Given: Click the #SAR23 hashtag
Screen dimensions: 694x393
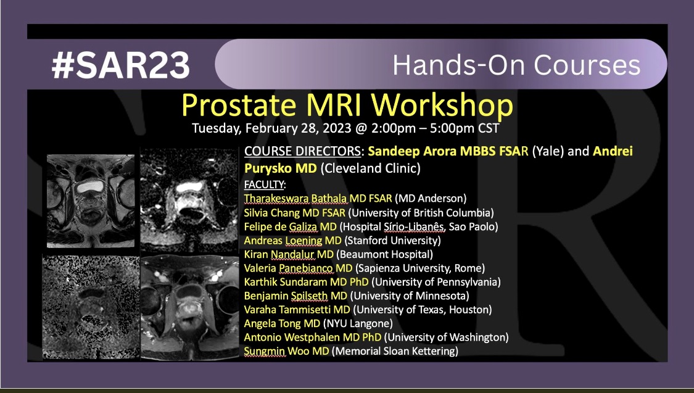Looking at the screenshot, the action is coord(121,65).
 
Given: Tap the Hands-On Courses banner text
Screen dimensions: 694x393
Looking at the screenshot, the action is coord(516,65).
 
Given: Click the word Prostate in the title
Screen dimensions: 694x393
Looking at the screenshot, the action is coord(239,105).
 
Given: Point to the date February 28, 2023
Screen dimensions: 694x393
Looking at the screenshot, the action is coord(298,128).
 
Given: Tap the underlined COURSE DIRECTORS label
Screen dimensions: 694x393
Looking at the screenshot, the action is coord(303,151).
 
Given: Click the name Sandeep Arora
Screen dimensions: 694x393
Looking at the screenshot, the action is coord(412,151).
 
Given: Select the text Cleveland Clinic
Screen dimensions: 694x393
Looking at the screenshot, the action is coord(370,168).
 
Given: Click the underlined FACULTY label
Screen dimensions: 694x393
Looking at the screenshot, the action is coord(264,184).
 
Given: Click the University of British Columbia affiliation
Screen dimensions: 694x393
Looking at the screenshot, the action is coord(421,213).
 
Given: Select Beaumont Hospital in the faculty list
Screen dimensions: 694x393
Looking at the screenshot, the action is coord(384,254).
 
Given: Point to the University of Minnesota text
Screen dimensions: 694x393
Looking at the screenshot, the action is coord(410,296).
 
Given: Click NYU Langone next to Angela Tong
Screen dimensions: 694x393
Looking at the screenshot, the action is coord(358,323).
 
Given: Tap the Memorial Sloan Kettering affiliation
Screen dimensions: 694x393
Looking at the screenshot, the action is coord(395,352).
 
